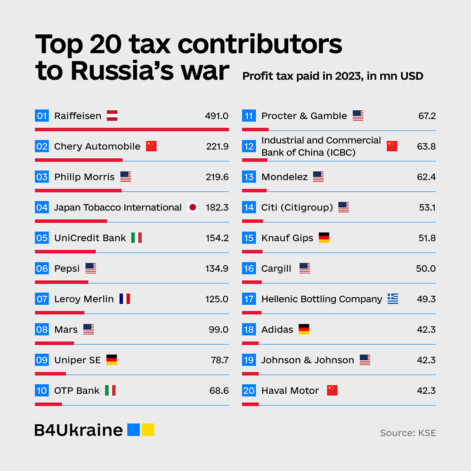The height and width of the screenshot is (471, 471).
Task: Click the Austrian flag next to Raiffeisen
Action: point(112,116)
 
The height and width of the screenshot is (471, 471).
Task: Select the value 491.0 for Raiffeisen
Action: point(217,116)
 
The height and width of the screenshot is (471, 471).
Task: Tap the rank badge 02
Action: point(42,146)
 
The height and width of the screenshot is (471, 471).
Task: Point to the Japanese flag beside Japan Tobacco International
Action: point(192,208)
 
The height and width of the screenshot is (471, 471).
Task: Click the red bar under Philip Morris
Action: point(78,190)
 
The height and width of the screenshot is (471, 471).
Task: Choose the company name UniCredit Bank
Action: point(90,238)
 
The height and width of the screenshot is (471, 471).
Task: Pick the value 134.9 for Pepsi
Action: point(217,268)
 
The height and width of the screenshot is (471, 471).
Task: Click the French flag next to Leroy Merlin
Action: point(124,299)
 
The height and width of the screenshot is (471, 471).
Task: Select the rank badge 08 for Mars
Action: point(42,330)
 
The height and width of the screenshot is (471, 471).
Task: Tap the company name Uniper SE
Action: point(77,360)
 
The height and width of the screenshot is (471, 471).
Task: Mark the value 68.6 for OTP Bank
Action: point(219,391)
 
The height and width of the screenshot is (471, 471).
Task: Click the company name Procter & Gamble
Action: point(304,116)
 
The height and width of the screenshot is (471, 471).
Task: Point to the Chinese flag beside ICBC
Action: point(392,146)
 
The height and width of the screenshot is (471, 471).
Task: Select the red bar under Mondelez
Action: point(254,190)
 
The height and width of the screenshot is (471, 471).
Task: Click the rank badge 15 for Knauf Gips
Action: point(249,238)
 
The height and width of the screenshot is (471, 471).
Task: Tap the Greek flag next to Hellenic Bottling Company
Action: point(393,299)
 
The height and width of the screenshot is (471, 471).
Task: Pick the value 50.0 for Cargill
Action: point(425,268)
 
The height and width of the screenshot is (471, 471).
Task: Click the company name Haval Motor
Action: point(290,391)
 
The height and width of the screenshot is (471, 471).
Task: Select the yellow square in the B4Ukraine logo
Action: point(148,430)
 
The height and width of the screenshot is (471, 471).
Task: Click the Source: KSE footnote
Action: point(408,433)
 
